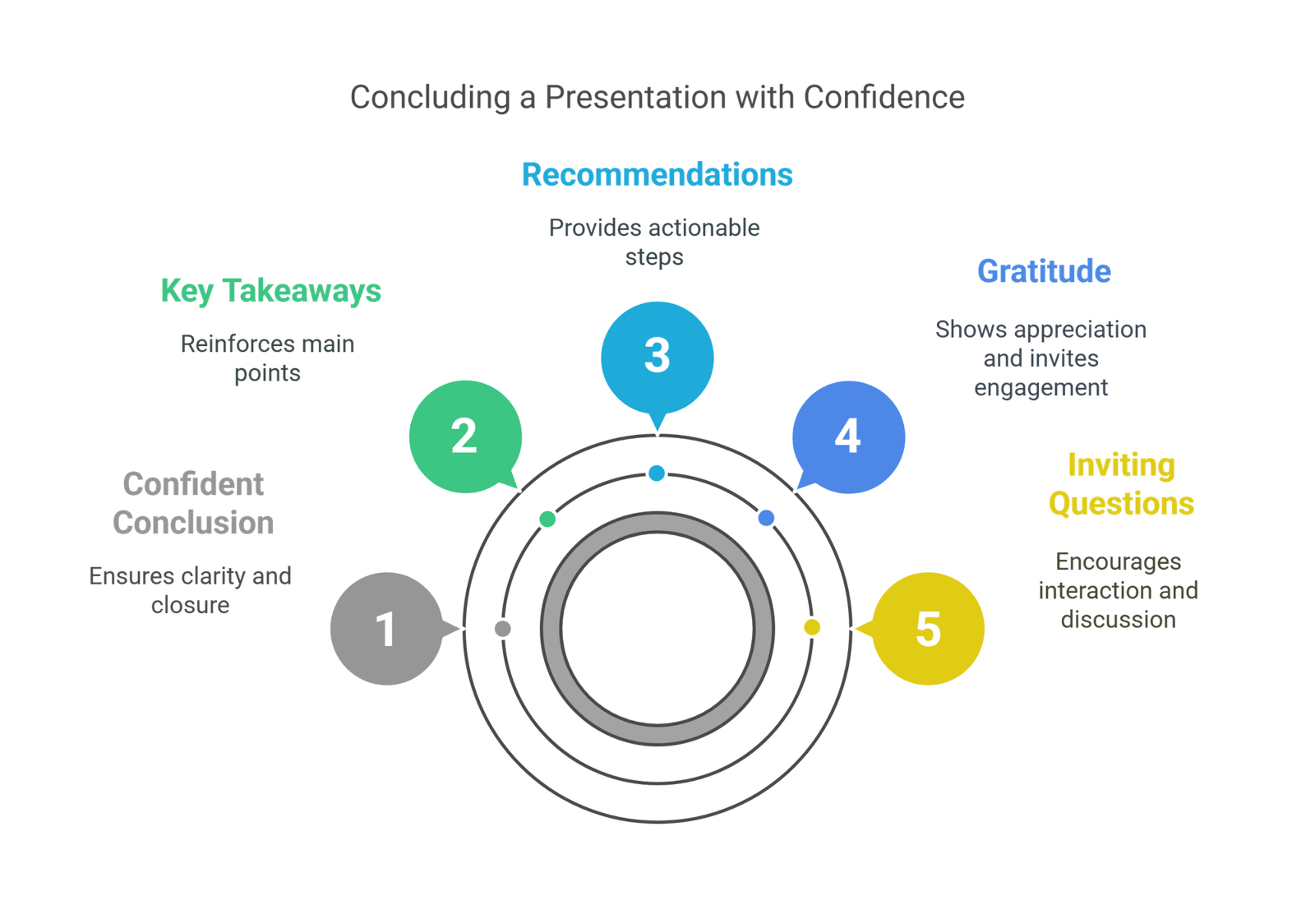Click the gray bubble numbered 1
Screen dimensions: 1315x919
[x=387, y=629]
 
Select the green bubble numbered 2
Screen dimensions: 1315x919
[x=465, y=436]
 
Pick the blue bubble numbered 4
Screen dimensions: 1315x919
[x=849, y=436]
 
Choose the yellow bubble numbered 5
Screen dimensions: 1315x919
[x=928, y=629]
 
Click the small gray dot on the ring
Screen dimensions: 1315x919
[x=502, y=628]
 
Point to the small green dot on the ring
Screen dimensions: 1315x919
[x=547, y=520]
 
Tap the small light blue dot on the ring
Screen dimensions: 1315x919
[x=657, y=473]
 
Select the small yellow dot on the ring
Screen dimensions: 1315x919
[x=812, y=627]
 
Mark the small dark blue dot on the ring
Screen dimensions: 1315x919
[x=766, y=518]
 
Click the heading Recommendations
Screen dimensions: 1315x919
[x=657, y=175]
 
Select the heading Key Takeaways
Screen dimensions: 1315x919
[x=270, y=291]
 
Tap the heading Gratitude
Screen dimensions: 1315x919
[x=1044, y=271]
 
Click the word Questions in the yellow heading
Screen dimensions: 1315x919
[x=1121, y=505]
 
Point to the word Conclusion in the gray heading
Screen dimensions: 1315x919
[x=193, y=524]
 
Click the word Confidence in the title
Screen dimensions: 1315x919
[x=884, y=98]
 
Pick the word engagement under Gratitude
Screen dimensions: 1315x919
[x=1040, y=388]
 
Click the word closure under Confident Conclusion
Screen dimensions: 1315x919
[x=190, y=606]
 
